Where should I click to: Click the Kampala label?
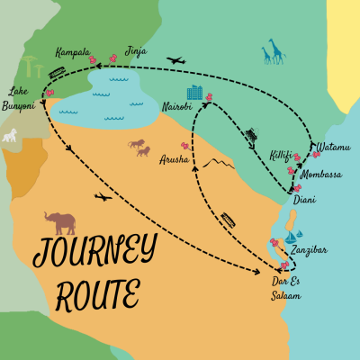[72, 52]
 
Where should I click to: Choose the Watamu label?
[333, 147]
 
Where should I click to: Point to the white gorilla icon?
[11, 135]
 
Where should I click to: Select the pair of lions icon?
[139, 146]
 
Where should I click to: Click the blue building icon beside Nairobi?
[193, 93]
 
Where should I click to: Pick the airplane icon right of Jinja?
[175, 61]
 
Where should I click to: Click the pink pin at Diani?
[298, 188]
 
